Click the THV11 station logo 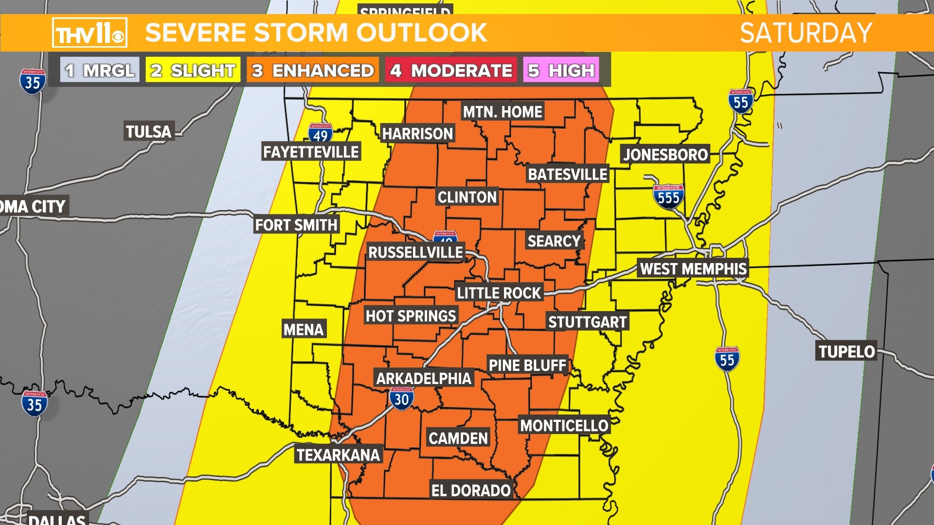(90, 33)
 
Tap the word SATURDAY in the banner (806, 33)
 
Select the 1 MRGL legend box (100, 70)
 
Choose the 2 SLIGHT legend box (193, 70)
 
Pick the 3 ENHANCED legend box (313, 70)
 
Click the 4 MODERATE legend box (451, 70)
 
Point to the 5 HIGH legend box (561, 70)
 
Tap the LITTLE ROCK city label (499, 293)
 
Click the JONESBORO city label (665, 155)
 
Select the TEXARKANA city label (339, 455)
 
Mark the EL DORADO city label (471, 490)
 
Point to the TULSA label (148, 132)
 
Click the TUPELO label (846, 351)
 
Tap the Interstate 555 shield (668, 197)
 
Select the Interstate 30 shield (401, 399)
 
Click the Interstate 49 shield (320, 133)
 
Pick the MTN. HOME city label (502, 112)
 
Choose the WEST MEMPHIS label (693, 268)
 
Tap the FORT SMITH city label (296, 225)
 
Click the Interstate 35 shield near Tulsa (33, 82)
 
